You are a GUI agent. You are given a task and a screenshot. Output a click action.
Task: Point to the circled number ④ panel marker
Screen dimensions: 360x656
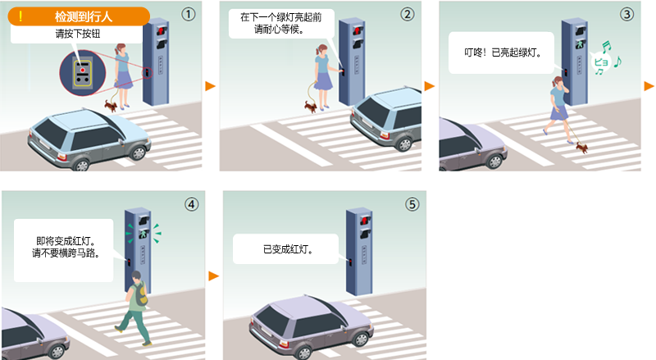pyautogui.click(x=191, y=205)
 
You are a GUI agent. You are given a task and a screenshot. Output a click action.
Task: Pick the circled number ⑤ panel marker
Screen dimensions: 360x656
pyautogui.click(x=412, y=205)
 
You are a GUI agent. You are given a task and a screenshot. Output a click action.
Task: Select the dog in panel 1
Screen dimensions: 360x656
pyautogui.click(x=111, y=105)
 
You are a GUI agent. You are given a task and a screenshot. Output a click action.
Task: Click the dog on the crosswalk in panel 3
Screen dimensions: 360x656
pyautogui.click(x=581, y=147)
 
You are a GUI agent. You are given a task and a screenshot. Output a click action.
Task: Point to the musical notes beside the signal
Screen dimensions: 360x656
pyautogui.click(x=607, y=57)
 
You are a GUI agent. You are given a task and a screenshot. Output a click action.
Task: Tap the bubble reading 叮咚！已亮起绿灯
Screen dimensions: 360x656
pyautogui.click(x=500, y=52)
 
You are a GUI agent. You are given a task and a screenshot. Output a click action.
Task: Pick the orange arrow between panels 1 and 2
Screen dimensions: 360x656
pyautogui.click(x=210, y=86)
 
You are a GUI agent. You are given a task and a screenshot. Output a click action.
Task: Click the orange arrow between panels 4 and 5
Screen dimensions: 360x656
pyautogui.click(x=213, y=276)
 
